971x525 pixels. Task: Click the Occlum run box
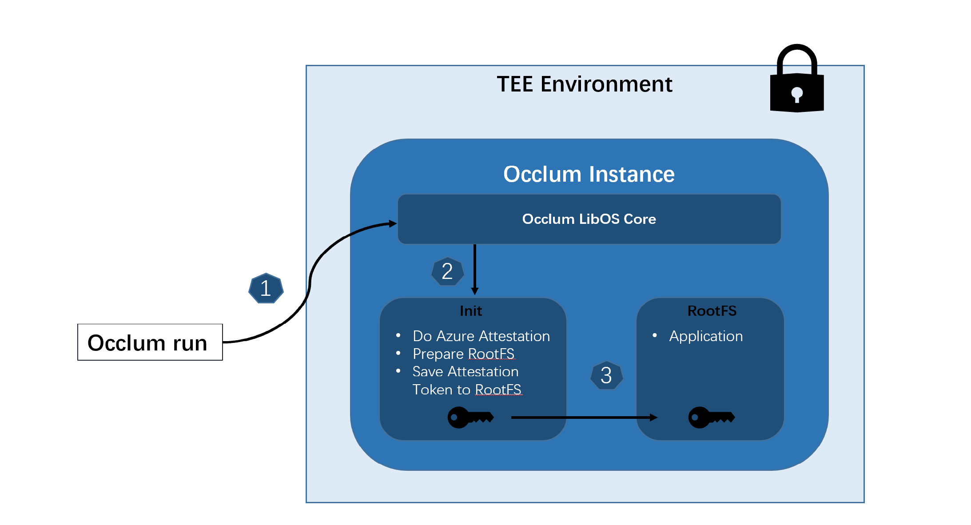click(x=150, y=342)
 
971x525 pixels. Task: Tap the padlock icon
click(x=797, y=80)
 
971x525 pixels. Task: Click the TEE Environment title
click(x=584, y=84)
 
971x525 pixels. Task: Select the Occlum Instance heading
click(x=589, y=174)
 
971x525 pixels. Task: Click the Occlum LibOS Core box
click(x=589, y=219)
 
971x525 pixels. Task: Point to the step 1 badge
click(x=266, y=289)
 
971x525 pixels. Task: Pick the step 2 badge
click(x=447, y=271)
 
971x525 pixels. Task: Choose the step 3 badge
click(x=606, y=376)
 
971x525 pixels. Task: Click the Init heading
click(x=471, y=311)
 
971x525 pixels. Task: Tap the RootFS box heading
click(x=712, y=311)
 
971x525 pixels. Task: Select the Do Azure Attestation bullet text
click(x=481, y=336)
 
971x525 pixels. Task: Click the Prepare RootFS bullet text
click(x=463, y=354)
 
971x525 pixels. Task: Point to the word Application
click(x=706, y=336)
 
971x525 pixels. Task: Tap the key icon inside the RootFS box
click(x=711, y=417)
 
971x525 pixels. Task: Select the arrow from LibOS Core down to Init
click(x=474, y=269)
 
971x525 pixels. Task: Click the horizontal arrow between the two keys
click(x=584, y=418)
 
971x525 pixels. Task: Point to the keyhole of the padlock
click(x=797, y=94)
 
